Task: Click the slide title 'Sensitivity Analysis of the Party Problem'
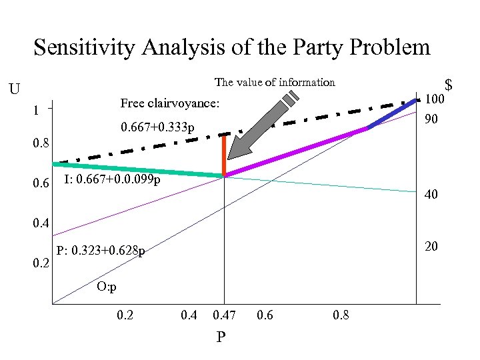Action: (x=232, y=48)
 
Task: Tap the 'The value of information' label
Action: (x=275, y=83)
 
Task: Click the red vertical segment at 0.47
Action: (x=225, y=155)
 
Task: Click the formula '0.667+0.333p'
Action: (x=157, y=127)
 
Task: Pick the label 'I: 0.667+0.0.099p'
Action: (x=113, y=180)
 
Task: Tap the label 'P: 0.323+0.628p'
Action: (x=101, y=251)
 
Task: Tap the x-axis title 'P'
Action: (x=221, y=338)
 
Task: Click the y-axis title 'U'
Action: (x=15, y=89)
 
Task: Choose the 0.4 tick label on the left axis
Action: (x=41, y=223)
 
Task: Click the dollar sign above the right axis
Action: (x=449, y=85)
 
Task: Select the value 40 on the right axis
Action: (x=432, y=195)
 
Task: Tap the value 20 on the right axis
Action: (x=431, y=247)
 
